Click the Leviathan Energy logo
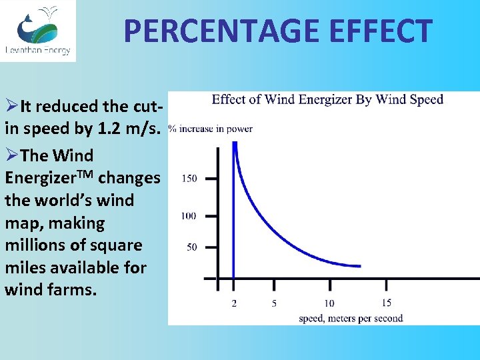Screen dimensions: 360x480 point(38,30)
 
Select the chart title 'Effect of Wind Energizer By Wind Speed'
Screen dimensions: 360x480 point(327,100)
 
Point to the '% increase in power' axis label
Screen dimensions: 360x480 point(211,129)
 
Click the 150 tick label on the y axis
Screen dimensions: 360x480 point(189,179)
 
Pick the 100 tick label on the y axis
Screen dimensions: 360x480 point(189,215)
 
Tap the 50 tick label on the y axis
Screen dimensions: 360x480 point(191,247)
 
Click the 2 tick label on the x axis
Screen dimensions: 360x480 point(234,304)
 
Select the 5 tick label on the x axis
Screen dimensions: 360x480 point(274,304)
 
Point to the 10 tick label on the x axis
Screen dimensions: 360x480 point(329,304)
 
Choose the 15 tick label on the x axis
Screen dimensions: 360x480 point(387,303)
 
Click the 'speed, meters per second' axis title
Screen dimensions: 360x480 point(351,318)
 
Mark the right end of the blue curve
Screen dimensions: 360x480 point(360,266)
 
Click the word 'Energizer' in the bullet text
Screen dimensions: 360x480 point(43,178)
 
